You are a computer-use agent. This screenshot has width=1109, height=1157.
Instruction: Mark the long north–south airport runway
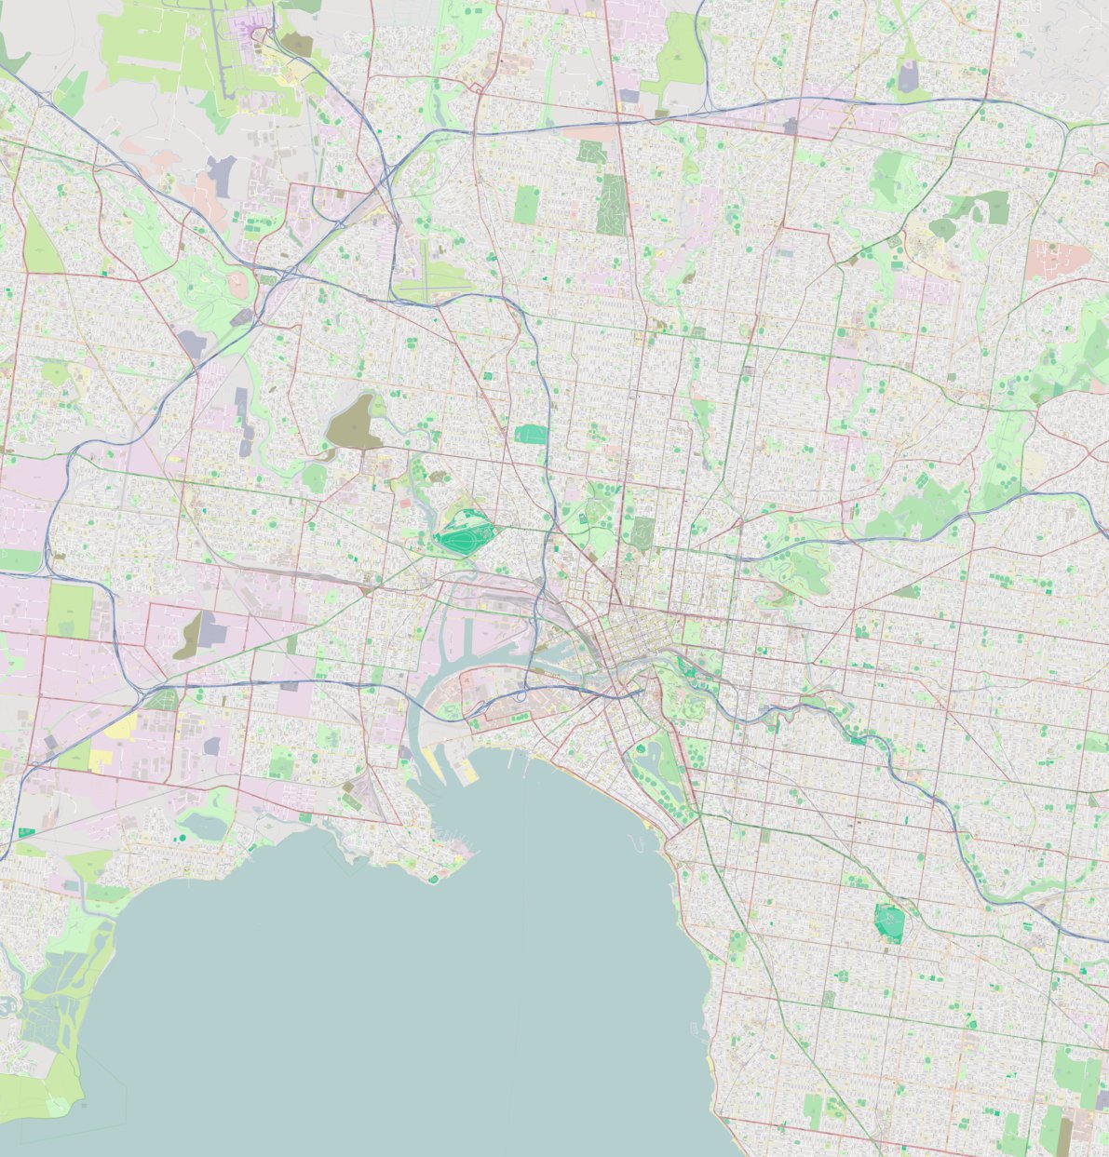click(x=223, y=56)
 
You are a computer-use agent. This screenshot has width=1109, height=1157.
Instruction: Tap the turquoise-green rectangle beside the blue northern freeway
click(x=532, y=434)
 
